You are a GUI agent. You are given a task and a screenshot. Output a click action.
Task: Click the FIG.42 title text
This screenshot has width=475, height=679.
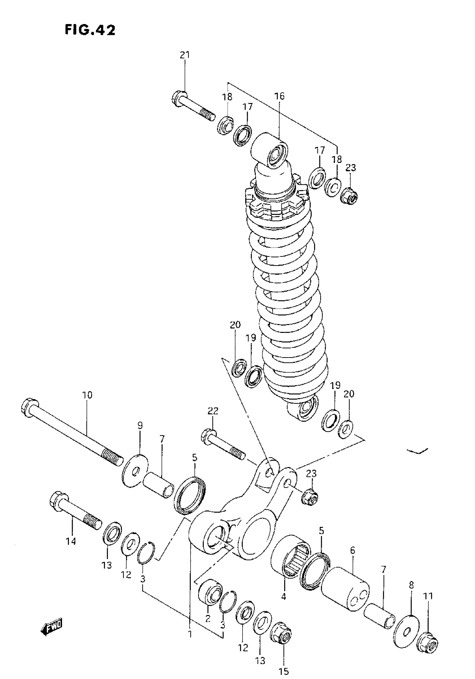[x=90, y=30]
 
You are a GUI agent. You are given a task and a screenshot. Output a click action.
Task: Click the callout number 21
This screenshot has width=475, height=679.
[x=185, y=55]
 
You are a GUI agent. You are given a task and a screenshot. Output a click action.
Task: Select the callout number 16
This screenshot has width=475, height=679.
[x=279, y=96]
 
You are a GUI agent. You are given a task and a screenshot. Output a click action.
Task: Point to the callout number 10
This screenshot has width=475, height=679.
[x=87, y=395]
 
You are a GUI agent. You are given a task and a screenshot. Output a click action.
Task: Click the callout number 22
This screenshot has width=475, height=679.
[x=213, y=411]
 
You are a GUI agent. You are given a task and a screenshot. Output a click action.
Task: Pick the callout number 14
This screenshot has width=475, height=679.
[x=71, y=542]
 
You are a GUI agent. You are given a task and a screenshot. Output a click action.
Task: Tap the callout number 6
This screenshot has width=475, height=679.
[x=352, y=551]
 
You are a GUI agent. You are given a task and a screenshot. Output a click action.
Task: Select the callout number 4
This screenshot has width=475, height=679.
[x=283, y=597]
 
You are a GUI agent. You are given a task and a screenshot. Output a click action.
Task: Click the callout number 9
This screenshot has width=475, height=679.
[x=140, y=425]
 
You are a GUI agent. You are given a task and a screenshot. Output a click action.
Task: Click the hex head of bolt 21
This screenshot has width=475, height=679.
[x=179, y=98]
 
